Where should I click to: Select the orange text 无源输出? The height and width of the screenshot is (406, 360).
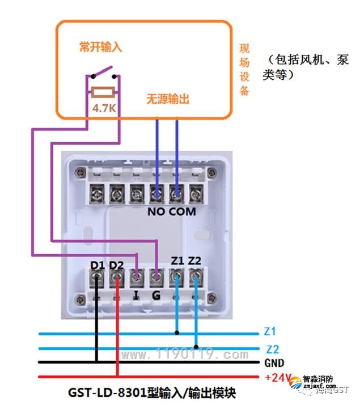168,99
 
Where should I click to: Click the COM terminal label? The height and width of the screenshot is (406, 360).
182,212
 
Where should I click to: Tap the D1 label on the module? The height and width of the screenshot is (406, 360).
98,266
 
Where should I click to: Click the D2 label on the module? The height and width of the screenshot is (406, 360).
116,266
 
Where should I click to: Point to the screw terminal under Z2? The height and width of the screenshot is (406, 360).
196,278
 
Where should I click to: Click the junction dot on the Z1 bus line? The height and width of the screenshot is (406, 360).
177,333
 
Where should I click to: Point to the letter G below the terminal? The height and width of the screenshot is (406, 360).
156,295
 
